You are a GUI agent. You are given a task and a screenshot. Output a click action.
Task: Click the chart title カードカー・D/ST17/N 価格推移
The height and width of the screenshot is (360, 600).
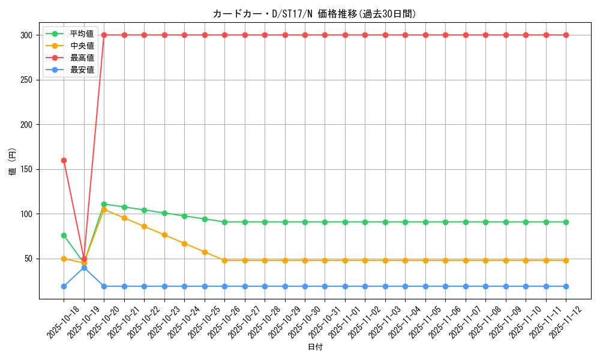tap(314, 14)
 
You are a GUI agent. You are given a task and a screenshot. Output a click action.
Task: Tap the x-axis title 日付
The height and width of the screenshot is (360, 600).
tap(315, 347)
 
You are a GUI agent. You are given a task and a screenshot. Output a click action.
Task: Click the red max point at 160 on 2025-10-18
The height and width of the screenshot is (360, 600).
tap(64, 160)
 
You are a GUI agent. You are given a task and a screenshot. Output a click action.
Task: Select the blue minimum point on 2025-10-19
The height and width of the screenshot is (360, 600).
tap(84, 268)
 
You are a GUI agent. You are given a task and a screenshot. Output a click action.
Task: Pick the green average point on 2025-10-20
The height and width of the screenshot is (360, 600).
tap(104, 204)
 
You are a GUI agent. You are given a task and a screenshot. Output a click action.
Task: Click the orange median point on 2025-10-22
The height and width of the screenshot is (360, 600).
tap(144, 226)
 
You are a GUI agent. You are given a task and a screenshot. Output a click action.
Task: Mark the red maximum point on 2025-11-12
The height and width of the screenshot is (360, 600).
tap(566, 35)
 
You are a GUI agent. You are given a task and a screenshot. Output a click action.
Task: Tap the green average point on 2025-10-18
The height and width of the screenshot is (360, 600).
tap(64, 235)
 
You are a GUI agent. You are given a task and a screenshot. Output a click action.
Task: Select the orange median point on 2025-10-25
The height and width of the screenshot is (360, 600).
tap(205, 252)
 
